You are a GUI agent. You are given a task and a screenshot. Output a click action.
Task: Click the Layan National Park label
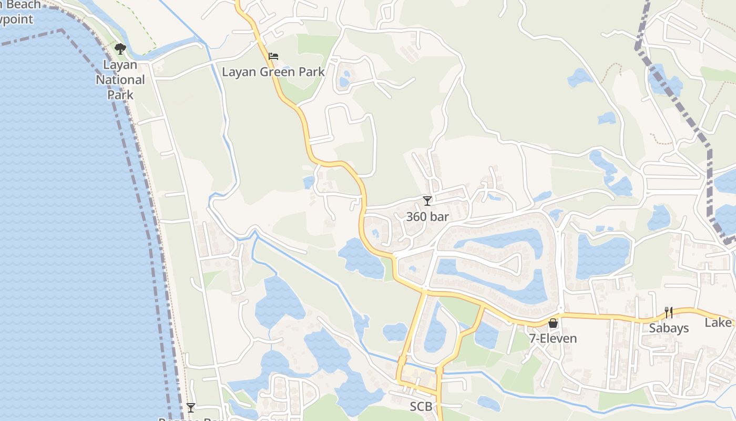[x=120, y=80]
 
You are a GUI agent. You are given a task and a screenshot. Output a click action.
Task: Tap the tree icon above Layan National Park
[x=120, y=49]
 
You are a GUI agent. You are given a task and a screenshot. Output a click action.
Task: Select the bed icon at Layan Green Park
[x=273, y=56]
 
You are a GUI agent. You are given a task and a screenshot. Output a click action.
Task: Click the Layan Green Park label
[x=273, y=72]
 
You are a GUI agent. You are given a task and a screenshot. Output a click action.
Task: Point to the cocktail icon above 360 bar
[x=427, y=201]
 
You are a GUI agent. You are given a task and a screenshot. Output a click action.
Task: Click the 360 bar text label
[x=427, y=216]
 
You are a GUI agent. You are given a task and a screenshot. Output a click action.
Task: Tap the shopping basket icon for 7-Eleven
[x=553, y=323]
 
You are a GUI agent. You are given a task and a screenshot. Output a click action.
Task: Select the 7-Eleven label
[x=553, y=338]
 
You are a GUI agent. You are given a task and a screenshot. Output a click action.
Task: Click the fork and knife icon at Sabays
[x=668, y=313]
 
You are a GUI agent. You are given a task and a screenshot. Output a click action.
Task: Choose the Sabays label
[x=668, y=328]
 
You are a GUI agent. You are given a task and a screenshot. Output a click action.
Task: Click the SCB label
[x=421, y=407]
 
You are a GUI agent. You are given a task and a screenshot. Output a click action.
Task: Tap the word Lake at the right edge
[x=718, y=323]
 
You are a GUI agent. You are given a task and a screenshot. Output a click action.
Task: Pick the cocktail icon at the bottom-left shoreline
[x=190, y=408]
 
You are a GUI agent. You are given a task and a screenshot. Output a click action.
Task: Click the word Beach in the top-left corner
[x=21, y=5]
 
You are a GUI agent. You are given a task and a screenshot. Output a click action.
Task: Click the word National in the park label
[x=120, y=80]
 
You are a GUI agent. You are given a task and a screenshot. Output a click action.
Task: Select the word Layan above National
[x=120, y=65]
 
